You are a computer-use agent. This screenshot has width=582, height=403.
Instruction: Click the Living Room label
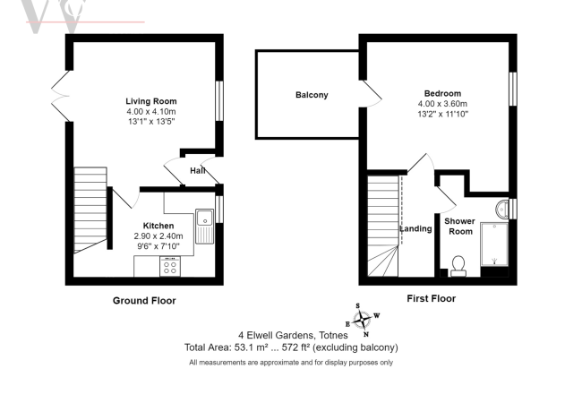click(151, 101)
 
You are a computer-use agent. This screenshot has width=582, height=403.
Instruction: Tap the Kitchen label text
click(158, 226)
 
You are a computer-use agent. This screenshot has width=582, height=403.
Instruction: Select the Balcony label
click(312, 95)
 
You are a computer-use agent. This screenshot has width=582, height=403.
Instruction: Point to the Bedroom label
click(443, 93)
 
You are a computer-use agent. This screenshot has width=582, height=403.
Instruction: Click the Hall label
click(198, 171)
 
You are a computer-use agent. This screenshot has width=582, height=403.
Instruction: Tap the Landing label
click(416, 228)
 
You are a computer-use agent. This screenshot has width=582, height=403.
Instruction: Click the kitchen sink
click(204, 227)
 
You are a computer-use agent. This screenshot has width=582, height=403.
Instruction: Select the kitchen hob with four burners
click(170, 266)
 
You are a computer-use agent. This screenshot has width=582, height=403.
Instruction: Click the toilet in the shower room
click(458, 266)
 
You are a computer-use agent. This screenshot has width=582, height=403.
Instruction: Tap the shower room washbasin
click(501, 210)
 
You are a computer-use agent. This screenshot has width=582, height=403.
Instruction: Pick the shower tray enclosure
click(494, 244)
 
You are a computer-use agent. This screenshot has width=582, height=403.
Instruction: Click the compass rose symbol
click(362, 320)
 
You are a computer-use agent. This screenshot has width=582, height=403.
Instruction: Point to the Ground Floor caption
click(144, 301)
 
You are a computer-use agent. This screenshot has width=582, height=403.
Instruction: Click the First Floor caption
click(432, 298)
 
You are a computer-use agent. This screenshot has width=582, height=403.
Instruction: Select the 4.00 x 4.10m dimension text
click(151, 111)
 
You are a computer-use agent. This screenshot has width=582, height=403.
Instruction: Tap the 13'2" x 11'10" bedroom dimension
click(443, 114)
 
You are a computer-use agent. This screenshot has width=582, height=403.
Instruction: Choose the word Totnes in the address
click(333, 336)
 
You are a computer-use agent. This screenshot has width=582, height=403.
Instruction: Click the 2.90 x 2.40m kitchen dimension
click(158, 236)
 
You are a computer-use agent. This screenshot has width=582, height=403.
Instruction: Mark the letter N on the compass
click(366, 334)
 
